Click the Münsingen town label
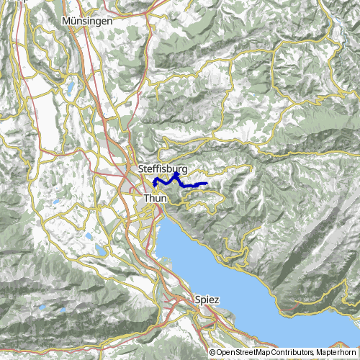[x=88, y=22]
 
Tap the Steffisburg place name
[x=162, y=168]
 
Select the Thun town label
[x=155, y=198]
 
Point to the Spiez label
[x=207, y=299]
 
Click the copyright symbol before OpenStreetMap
[x=212, y=353]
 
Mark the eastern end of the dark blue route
[x=207, y=185]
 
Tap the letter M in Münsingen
[x=67, y=22]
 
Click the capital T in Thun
[x=146, y=198]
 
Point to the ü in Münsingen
[x=73, y=22]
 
